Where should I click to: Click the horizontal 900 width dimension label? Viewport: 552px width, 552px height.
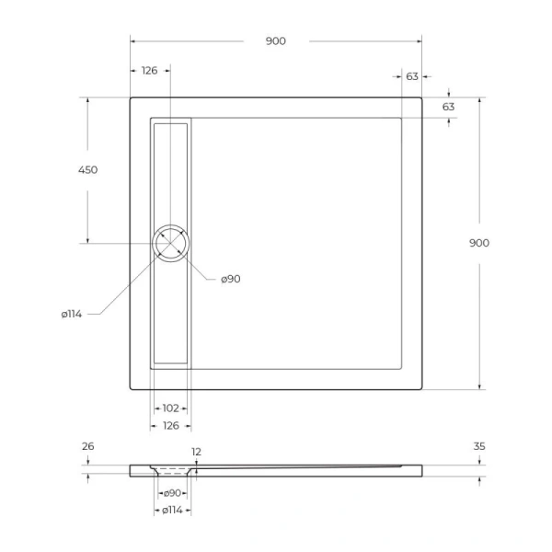click(x=275, y=40)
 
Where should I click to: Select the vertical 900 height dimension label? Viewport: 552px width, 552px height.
click(x=478, y=243)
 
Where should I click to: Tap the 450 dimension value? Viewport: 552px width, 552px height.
click(x=88, y=169)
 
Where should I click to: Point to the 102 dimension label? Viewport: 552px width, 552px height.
click(x=170, y=408)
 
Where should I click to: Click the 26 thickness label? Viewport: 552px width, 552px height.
click(x=88, y=447)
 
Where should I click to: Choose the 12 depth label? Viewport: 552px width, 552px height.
click(x=195, y=452)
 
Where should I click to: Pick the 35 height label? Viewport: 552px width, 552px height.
click(x=478, y=447)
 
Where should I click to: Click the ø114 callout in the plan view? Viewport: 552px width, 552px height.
click(x=72, y=315)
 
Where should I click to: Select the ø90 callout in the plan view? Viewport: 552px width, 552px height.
click(x=230, y=279)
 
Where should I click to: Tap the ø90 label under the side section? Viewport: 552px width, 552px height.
click(x=170, y=494)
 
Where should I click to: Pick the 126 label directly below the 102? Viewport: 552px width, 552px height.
click(x=170, y=425)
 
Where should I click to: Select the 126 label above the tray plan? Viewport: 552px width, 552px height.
click(x=149, y=70)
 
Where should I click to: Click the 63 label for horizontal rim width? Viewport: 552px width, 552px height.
click(x=412, y=76)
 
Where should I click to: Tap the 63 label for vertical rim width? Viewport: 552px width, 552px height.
click(x=448, y=107)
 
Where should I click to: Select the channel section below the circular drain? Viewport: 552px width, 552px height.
click(x=170, y=313)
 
